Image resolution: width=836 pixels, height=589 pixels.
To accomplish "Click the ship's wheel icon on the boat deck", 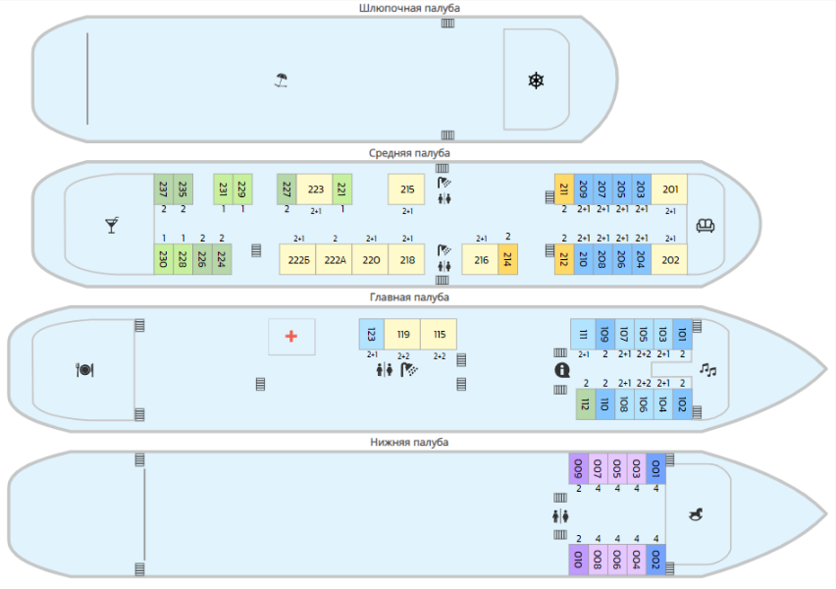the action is coord(536,80).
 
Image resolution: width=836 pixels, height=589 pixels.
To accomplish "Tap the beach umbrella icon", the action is coord(282,80).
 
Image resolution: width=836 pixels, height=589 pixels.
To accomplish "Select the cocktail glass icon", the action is coord(112,225).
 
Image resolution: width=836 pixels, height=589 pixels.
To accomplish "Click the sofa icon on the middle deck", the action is coord(705,226).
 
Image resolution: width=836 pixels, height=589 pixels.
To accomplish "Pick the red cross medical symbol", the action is coord(291,336).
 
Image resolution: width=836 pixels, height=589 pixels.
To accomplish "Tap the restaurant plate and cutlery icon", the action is coord(84,370).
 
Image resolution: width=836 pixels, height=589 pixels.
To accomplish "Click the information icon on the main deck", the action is coord(562,370).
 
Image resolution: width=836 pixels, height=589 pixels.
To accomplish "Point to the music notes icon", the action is coord(708,369).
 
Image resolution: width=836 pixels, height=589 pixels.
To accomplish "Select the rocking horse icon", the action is coord(696,514).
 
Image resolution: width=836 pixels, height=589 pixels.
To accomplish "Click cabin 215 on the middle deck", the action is coord(406,189).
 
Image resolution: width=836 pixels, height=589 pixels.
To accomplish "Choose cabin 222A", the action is coord(335,260).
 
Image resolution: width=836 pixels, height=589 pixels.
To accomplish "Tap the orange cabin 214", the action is coord(507,259).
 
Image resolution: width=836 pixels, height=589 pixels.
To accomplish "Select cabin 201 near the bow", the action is coord(669,189).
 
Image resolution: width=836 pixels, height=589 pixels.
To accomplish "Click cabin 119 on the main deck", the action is coord(402,335).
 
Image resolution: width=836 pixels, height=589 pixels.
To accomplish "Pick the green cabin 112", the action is coord(586,404).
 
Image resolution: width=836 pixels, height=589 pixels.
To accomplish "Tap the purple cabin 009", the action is coord(579,469).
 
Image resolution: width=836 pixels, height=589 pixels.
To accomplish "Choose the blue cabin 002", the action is coord(655,560).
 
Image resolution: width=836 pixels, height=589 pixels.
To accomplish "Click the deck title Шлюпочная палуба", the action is coord(409,8).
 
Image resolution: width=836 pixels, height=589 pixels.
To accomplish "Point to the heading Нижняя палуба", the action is coord(409,443).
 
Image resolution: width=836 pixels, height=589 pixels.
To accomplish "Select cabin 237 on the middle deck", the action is coord(164,189).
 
